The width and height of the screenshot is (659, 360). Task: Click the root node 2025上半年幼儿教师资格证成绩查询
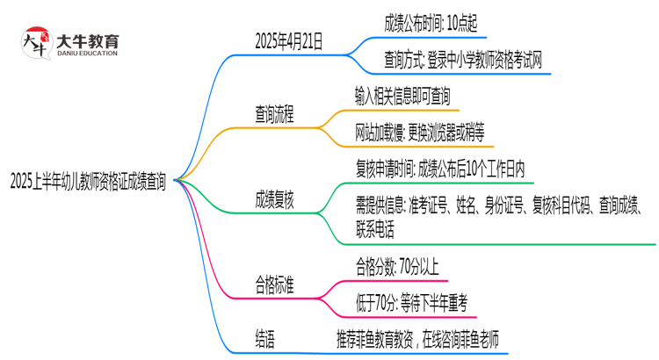pos(87,181)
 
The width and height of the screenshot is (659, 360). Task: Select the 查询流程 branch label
pos(275,113)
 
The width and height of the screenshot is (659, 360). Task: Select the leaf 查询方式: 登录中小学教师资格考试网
pos(462,60)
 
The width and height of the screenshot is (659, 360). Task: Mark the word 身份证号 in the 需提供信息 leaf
pos(507,208)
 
